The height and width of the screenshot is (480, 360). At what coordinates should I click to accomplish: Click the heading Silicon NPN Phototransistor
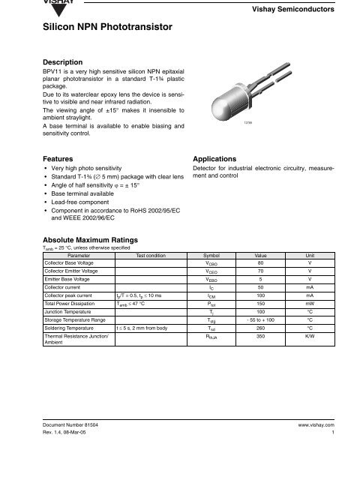coord(109,27)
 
